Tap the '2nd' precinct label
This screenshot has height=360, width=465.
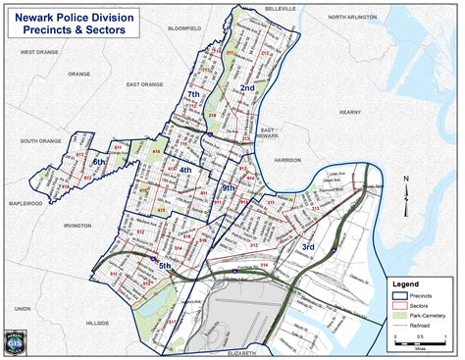[x=248, y=88]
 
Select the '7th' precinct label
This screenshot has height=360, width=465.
[x=194, y=94]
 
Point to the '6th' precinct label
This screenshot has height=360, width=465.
[x=99, y=162]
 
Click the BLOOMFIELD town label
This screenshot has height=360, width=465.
[x=184, y=29]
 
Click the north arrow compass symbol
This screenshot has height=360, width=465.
[x=405, y=193]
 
